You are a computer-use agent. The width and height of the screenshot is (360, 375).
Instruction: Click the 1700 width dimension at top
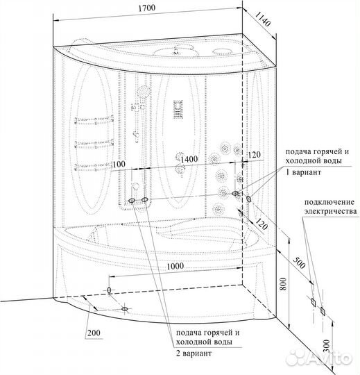point(146,8)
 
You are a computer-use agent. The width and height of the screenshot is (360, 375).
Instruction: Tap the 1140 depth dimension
point(262,19)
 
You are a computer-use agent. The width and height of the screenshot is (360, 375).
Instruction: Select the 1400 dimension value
point(189,159)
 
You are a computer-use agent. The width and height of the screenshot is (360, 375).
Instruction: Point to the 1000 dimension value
point(175,266)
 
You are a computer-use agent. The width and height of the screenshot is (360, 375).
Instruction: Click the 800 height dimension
point(282,284)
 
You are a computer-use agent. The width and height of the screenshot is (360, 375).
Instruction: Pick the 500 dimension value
point(299,262)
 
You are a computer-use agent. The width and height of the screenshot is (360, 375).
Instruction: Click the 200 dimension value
point(94,333)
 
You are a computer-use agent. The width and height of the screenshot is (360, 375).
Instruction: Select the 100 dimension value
point(119,164)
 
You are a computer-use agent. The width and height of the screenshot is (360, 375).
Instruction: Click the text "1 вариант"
point(303,172)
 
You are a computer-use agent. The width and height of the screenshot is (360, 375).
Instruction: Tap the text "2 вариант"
point(194,353)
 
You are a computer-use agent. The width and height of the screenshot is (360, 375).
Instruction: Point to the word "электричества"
point(330,211)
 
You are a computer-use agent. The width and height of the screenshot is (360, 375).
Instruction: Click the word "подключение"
point(329,202)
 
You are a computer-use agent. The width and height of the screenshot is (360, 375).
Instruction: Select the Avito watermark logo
point(319,358)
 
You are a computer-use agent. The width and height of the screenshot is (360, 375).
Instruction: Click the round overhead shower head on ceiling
point(175,51)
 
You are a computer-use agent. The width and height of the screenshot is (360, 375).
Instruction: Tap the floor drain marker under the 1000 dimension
point(109,290)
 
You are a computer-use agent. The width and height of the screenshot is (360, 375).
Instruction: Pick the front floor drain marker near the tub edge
point(124,309)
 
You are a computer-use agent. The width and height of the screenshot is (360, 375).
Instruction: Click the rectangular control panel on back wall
point(178,109)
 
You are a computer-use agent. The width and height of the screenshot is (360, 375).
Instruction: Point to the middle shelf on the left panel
point(94,144)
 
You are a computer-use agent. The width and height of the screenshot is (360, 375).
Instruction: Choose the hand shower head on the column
point(144,92)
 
